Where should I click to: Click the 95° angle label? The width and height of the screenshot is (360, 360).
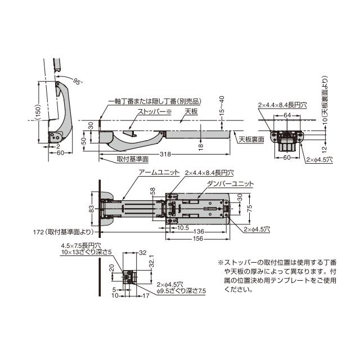point(77,81)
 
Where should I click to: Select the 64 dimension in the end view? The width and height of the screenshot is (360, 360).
point(287,115)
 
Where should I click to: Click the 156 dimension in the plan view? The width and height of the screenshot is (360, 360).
point(198,238)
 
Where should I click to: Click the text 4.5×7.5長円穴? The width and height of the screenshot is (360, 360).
point(81,246)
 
